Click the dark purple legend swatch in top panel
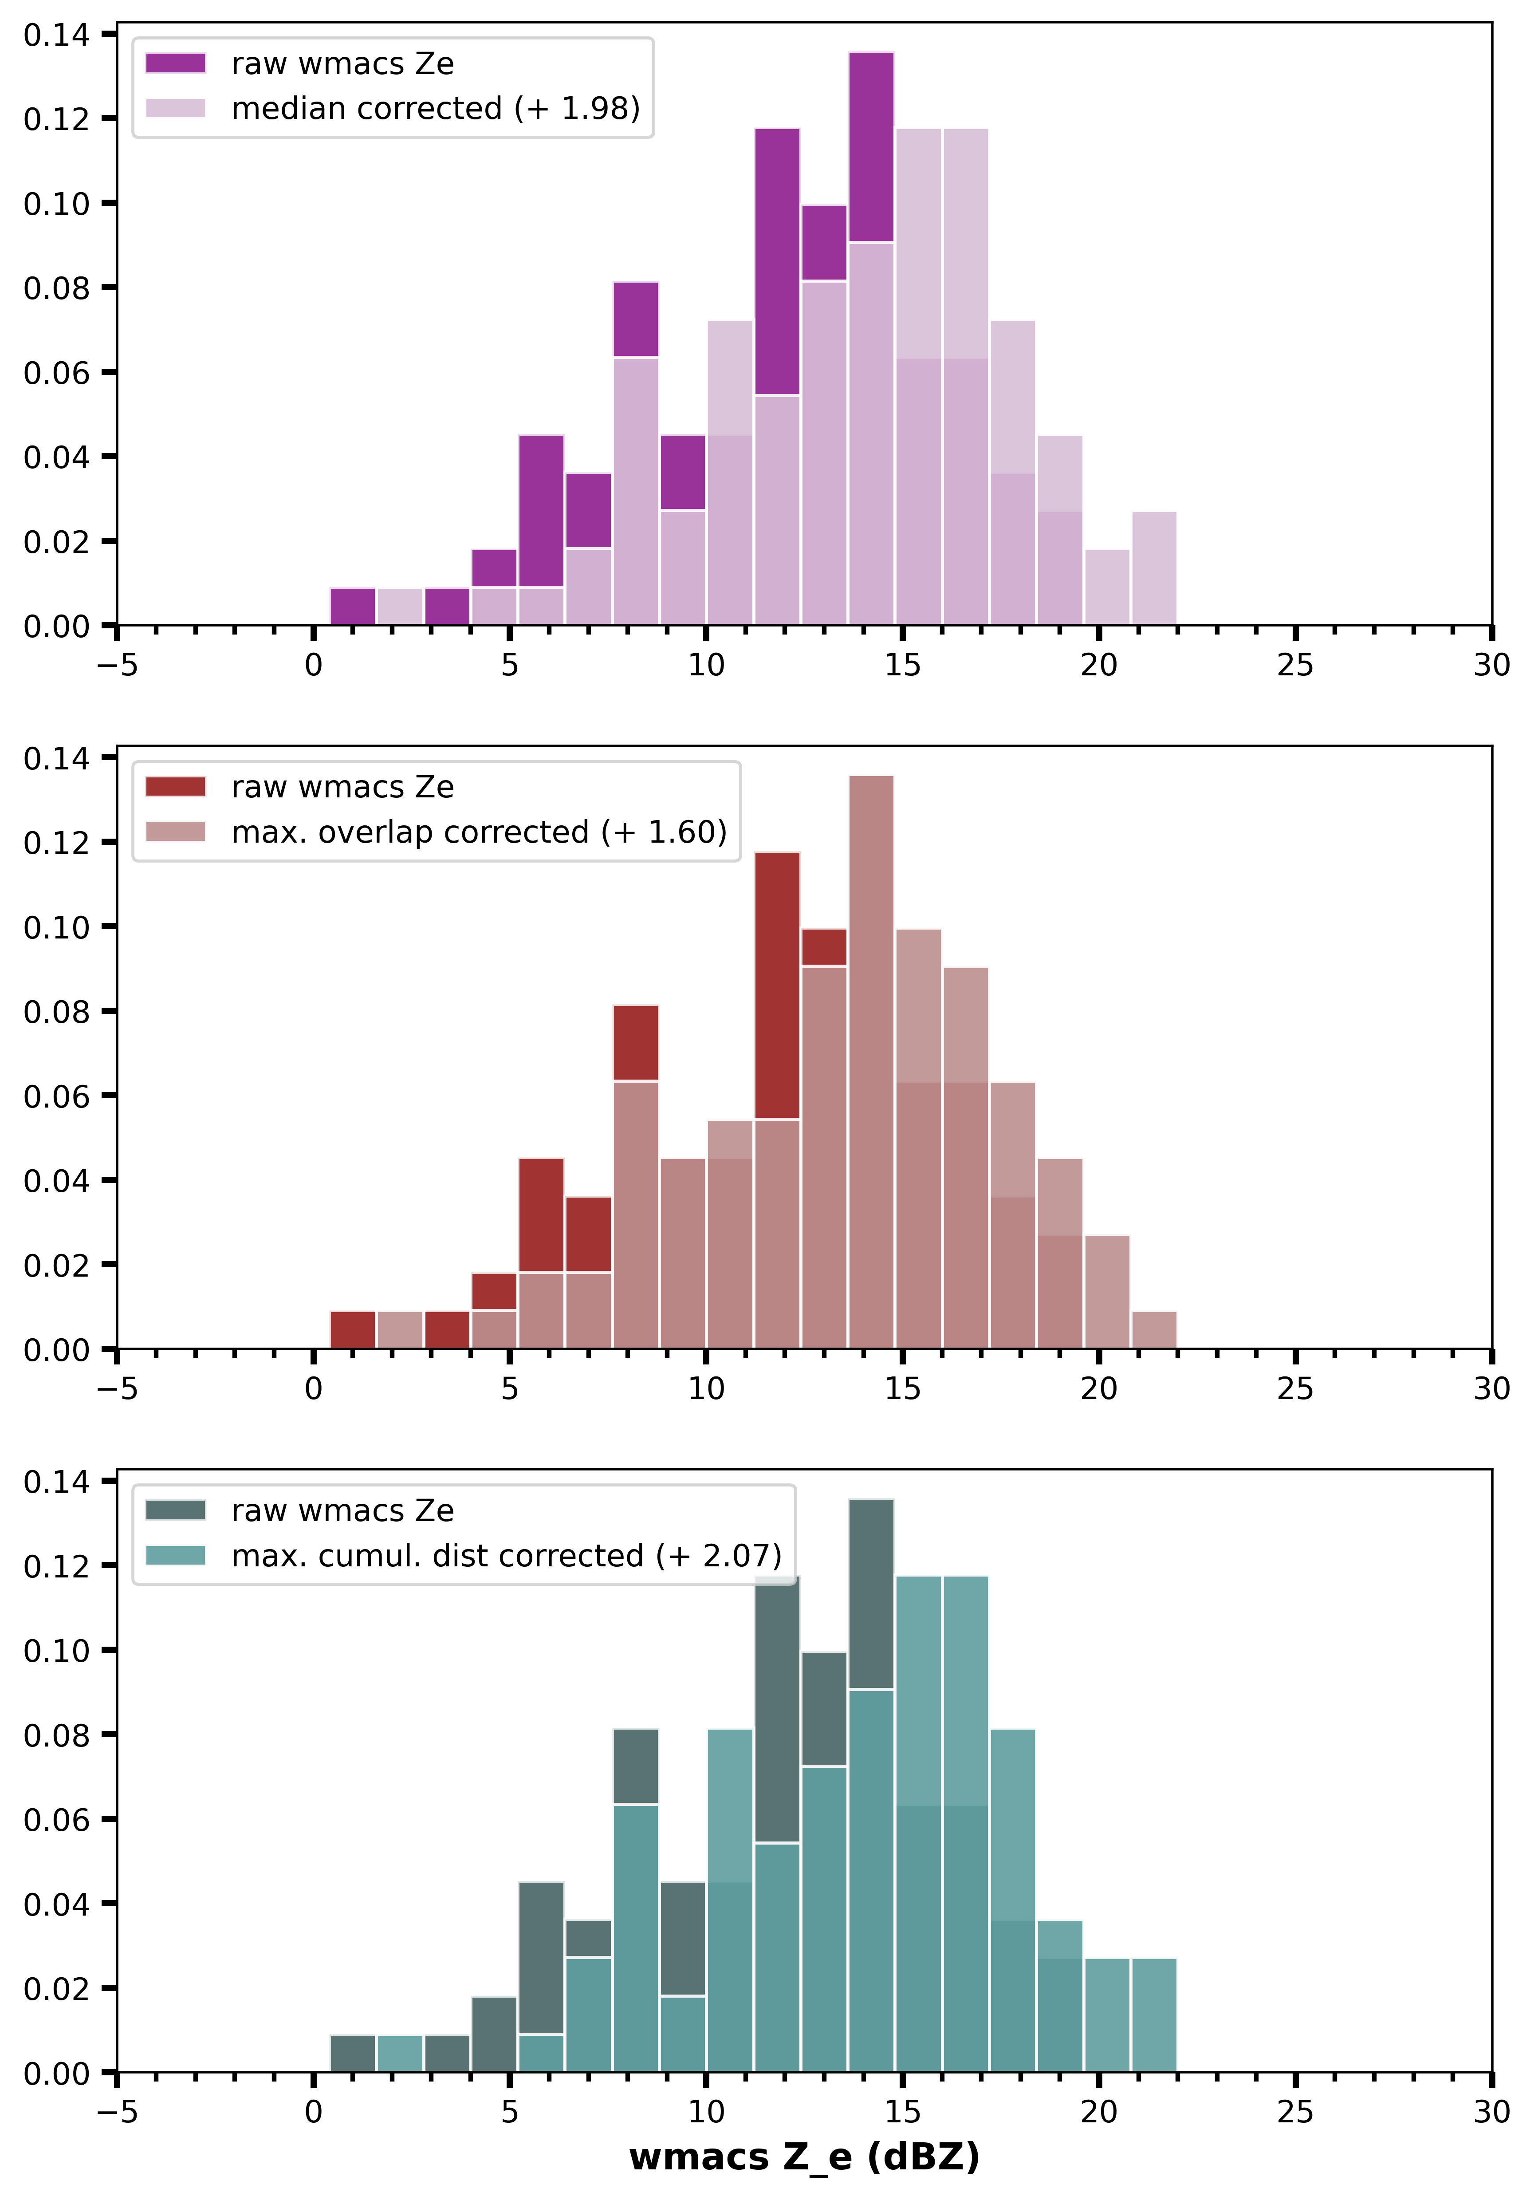point(175,63)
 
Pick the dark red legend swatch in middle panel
point(175,787)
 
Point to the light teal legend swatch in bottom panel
point(175,1555)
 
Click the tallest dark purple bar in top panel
point(871,144)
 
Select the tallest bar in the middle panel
point(871,1054)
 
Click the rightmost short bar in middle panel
point(1154,1330)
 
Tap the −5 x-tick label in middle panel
point(117,1388)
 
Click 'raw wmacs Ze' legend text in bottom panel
point(342,1510)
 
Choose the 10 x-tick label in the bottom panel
point(706,2112)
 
